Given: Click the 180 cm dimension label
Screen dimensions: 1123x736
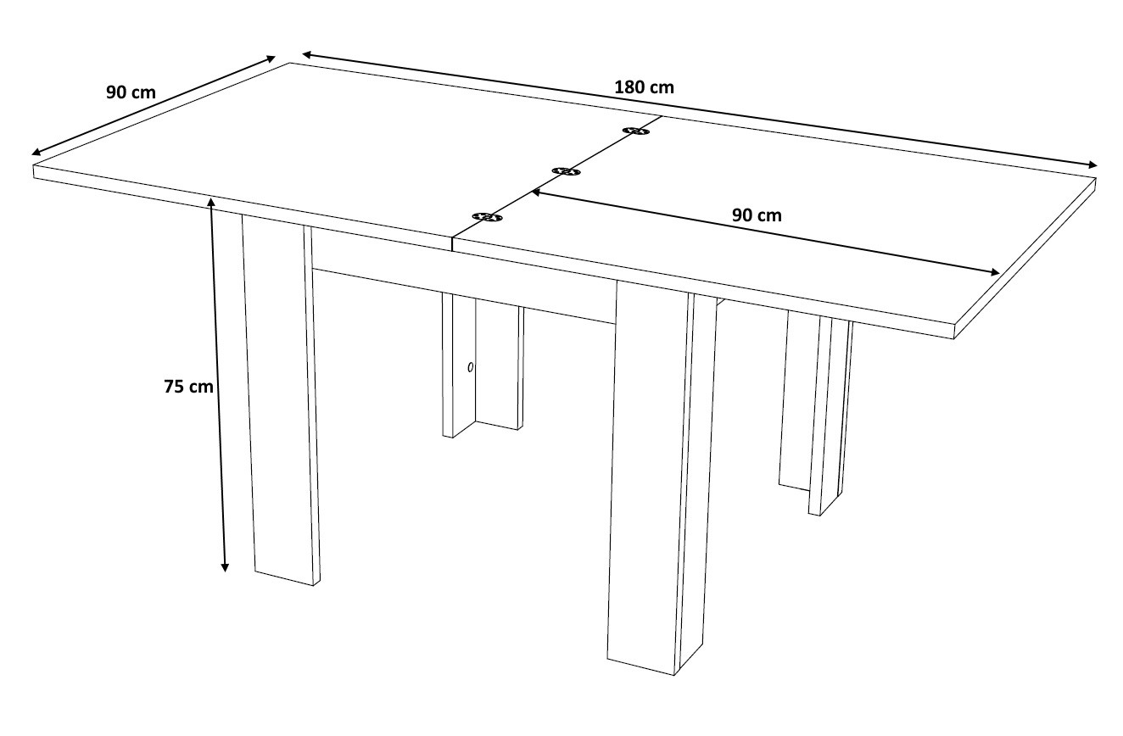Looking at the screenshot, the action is pyautogui.click(x=645, y=87).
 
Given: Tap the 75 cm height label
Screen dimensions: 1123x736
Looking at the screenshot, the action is pyautogui.click(x=188, y=387).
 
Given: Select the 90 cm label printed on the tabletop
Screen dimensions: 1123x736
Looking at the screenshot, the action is pyautogui.click(x=757, y=215).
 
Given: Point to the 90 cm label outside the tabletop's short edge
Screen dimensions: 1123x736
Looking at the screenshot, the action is pyautogui.click(x=131, y=92).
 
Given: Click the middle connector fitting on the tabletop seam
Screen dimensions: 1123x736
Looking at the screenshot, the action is pyautogui.click(x=566, y=172).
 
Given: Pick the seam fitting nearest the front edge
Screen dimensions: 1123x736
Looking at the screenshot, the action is pyautogui.click(x=487, y=217).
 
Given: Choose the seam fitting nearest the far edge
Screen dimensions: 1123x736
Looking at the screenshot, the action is pyautogui.click(x=636, y=131).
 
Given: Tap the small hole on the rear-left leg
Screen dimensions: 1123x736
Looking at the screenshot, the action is pyautogui.click(x=470, y=367).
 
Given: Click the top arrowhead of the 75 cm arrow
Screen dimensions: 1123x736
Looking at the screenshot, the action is pyautogui.click(x=211, y=201).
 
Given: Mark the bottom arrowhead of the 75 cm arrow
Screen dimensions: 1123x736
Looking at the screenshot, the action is pyautogui.click(x=225, y=567).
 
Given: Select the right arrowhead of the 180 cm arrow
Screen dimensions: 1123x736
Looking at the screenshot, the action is pyautogui.click(x=1093, y=165).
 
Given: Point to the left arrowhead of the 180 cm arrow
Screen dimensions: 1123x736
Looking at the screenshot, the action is pyautogui.click(x=306, y=53).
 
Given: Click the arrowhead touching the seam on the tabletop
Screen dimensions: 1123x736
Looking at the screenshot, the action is pyautogui.click(x=536, y=192).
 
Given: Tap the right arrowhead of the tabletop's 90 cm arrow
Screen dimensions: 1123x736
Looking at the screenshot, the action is pyautogui.click(x=995, y=272).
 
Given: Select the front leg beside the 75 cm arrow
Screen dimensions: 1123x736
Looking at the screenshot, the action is pyautogui.click(x=281, y=401).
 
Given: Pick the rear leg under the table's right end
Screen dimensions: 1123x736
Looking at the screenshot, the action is pyautogui.click(x=816, y=412).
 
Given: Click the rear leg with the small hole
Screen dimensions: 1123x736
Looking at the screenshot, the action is pyautogui.click(x=483, y=365).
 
